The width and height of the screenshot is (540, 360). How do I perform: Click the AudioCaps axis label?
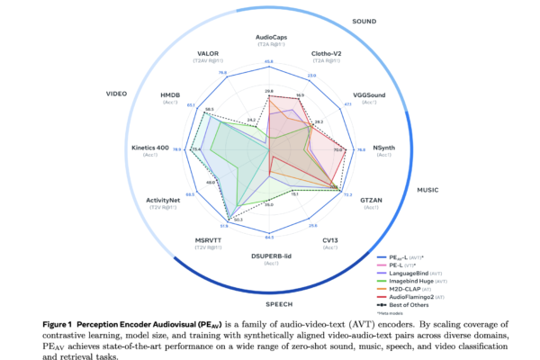[269, 38]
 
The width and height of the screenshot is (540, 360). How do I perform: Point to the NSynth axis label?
[383, 148]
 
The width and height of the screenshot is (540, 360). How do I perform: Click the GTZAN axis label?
[372, 200]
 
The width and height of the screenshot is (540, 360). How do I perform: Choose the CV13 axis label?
[329, 241]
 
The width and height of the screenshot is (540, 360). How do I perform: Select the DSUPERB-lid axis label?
[269, 256]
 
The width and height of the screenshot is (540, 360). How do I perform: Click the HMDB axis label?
[170, 95]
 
